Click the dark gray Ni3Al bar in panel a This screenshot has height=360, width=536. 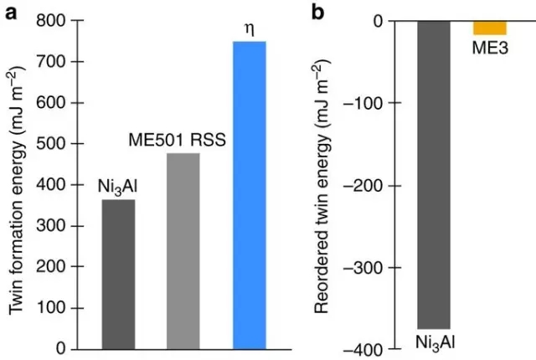[118, 274]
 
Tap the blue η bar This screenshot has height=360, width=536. [249, 194]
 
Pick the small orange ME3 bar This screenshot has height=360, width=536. [490, 28]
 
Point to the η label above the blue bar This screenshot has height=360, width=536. [249, 28]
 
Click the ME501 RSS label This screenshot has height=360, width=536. [176, 140]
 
